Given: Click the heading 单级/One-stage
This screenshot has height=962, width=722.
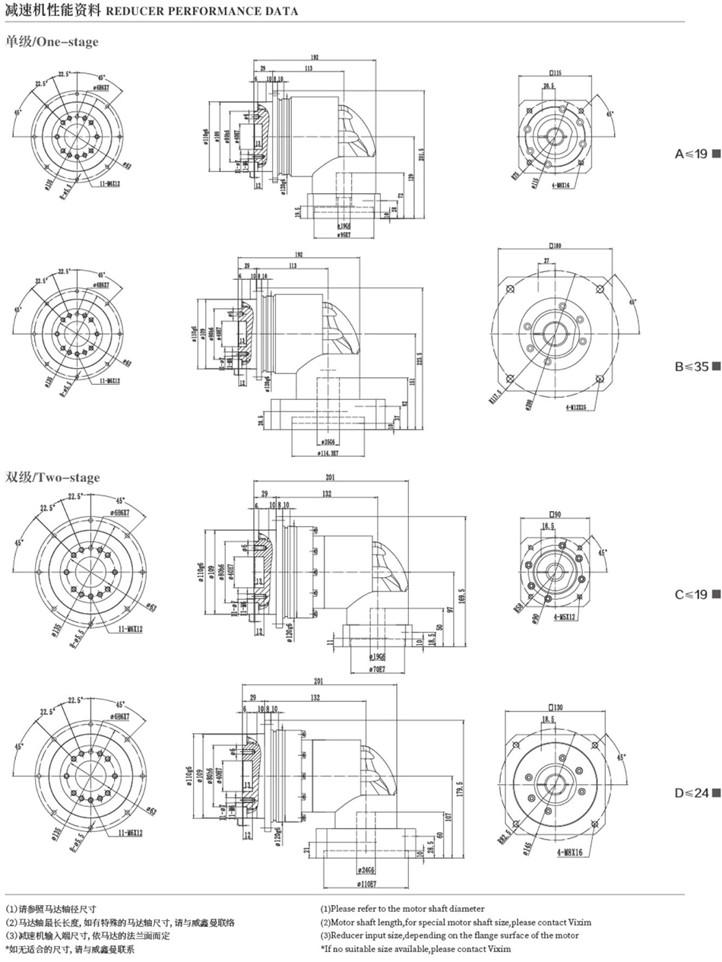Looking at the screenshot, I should coord(52,41).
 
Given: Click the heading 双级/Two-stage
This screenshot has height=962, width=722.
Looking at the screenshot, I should coord(53,478).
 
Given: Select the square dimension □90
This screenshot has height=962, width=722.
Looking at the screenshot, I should coord(553,514).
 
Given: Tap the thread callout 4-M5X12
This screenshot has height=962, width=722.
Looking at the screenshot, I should coord(566,618).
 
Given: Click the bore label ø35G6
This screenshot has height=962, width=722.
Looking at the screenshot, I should coord(329,441).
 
